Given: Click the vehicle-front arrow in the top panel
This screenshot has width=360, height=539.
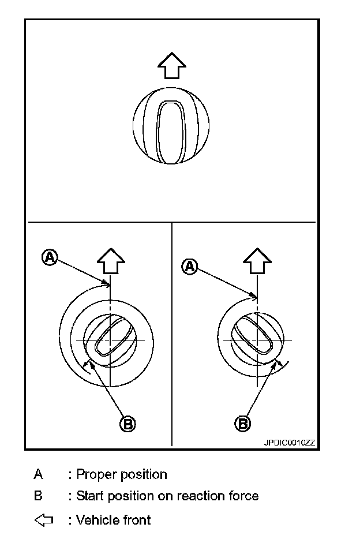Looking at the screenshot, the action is click(171, 65).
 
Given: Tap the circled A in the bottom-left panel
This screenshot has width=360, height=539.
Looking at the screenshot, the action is click(50, 257).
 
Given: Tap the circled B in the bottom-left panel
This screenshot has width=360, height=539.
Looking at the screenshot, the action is click(127, 424).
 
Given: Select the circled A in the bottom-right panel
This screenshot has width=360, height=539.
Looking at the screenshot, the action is click(189, 266).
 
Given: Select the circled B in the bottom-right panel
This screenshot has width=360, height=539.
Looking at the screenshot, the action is click(243, 423).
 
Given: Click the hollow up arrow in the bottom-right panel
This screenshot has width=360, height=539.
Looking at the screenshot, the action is click(257, 261).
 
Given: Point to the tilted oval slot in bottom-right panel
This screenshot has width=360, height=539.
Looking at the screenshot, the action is click(251, 338).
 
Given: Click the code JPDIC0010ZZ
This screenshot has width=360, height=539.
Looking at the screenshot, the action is click(290, 443).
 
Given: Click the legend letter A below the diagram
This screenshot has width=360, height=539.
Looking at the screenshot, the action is click(38, 474).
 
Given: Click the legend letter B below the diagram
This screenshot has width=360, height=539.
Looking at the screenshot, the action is click(38, 496).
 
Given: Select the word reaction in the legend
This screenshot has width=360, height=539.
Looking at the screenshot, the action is click(200, 496).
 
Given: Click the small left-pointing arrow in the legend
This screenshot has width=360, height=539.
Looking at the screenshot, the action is click(44, 520).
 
